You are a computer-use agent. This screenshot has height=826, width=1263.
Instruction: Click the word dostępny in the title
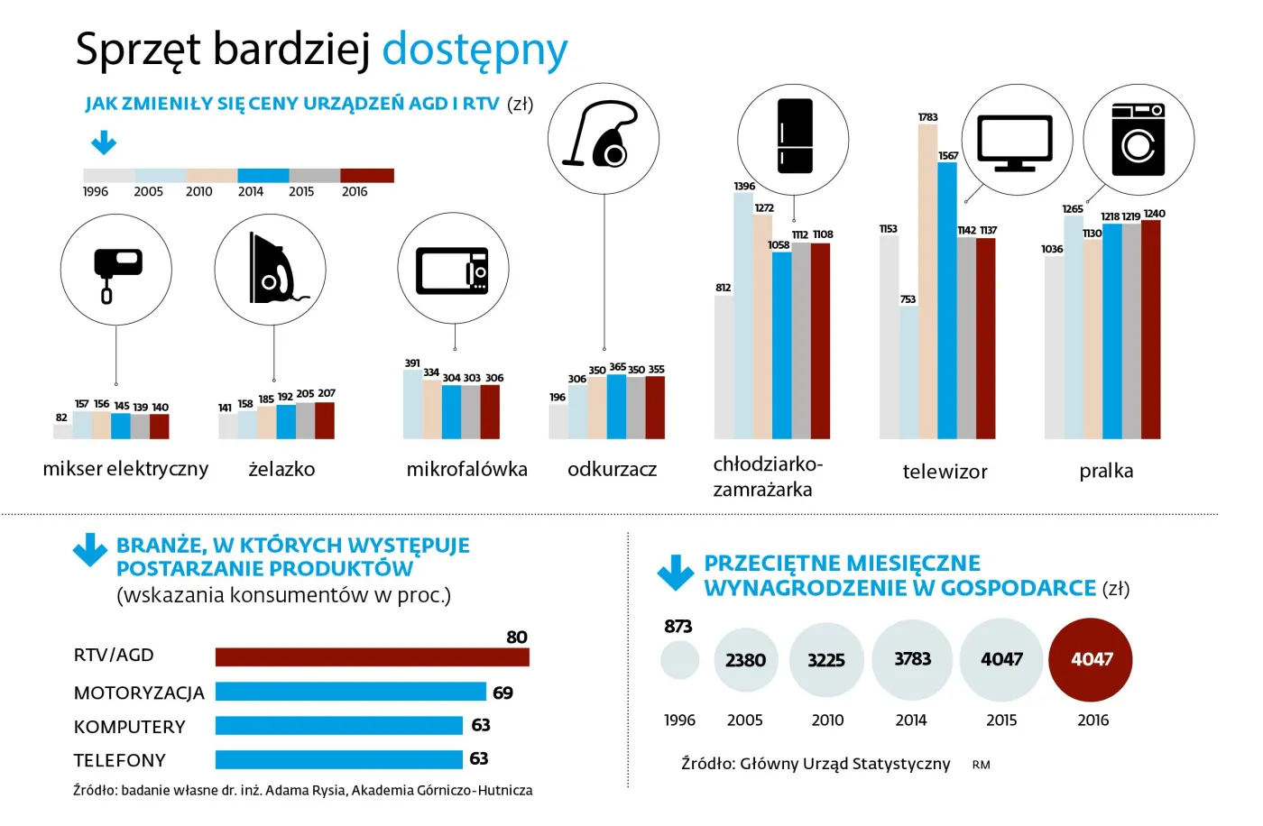point(475,50)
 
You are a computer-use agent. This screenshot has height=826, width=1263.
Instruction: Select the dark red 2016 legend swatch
point(367,176)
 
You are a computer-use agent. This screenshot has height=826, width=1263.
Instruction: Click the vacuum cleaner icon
point(602,138)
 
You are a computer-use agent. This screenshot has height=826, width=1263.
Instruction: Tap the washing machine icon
point(1138,139)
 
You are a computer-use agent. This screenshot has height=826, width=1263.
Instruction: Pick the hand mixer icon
point(116,270)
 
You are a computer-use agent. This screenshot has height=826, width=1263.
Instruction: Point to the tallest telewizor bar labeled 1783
point(927,281)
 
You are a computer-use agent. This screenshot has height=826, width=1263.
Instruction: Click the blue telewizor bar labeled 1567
point(946,300)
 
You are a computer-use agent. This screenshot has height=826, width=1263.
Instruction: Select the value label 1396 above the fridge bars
point(744,187)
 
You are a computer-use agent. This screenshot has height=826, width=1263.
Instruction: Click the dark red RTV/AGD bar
point(372,656)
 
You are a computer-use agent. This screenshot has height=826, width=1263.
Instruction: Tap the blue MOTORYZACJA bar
point(350,692)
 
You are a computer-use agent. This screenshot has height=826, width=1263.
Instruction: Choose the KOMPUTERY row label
point(129,727)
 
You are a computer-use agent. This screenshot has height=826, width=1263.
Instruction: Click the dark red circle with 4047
point(1091,659)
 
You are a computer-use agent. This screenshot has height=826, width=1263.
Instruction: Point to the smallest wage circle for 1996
point(679,660)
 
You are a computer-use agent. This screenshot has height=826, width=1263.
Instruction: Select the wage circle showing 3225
point(825,660)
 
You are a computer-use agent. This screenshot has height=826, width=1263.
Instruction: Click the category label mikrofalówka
point(466,469)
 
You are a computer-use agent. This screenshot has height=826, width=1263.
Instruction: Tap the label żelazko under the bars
point(281,469)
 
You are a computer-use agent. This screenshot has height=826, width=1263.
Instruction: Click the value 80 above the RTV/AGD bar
point(517,638)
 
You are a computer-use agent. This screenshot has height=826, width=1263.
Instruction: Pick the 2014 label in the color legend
point(251,192)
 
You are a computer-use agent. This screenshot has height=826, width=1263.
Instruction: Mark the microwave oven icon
point(453,270)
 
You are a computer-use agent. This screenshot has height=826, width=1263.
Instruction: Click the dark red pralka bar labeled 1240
point(1151,329)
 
